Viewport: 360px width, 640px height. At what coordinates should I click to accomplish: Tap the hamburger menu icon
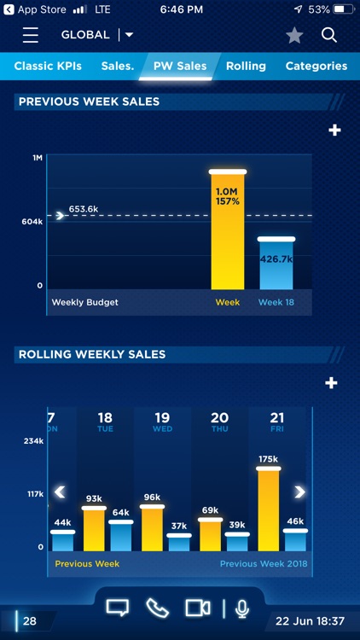coord(31,35)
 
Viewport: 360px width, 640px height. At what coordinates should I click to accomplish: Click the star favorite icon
coord(294,35)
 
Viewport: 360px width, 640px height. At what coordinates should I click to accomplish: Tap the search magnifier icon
coord(329,35)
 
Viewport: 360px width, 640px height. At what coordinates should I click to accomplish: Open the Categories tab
coord(316,66)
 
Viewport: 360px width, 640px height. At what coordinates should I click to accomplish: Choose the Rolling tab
coord(246,66)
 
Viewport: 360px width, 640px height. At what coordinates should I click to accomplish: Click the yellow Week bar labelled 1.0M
coord(228,230)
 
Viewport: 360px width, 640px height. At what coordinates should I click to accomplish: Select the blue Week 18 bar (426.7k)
coord(276,264)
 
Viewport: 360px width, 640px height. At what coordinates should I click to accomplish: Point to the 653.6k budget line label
coord(84,209)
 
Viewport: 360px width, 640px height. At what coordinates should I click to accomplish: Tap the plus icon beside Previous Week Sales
coord(334,131)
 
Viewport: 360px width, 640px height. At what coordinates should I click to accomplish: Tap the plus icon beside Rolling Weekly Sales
coord(332,383)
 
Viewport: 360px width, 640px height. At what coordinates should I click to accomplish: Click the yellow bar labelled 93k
coord(94,529)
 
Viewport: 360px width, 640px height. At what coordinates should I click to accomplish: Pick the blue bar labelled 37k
coord(179,543)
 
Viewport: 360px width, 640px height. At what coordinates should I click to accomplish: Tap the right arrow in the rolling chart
coord(299,492)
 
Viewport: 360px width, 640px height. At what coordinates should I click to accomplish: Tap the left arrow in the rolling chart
coord(60,492)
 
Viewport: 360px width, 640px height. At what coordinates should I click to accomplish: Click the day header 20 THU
coord(219,422)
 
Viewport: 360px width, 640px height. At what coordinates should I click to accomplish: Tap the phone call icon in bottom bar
coord(157,608)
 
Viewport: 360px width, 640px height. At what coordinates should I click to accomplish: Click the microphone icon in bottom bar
coord(242,608)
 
